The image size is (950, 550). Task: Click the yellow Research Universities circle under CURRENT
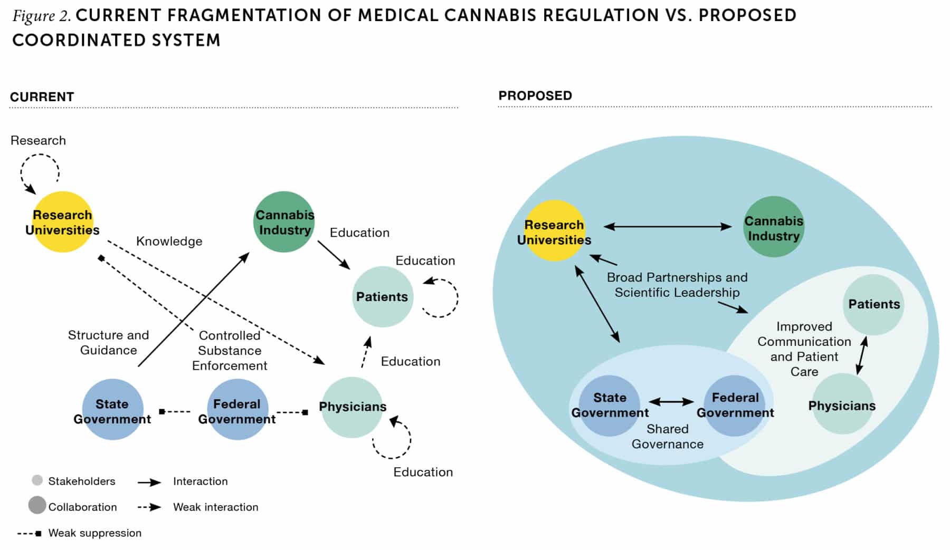pyautogui.click(x=62, y=222)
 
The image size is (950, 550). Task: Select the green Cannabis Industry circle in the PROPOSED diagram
pyautogui.click(x=774, y=227)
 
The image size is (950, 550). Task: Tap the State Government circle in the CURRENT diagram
pyautogui.click(x=112, y=410)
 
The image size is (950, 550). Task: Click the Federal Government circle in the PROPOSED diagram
pyautogui.click(x=735, y=405)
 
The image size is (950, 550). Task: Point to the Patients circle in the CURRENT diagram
pyautogui.click(x=382, y=297)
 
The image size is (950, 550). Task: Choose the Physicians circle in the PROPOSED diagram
pyautogui.click(x=842, y=404)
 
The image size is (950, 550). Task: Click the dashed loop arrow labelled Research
pyautogui.click(x=40, y=172)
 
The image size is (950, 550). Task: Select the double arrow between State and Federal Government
pyautogui.click(x=671, y=402)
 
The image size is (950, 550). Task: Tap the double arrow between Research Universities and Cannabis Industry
pyautogui.click(x=668, y=227)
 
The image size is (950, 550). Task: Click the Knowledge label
pyautogui.click(x=169, y=241)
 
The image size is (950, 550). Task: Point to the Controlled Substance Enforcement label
pyautogui.click(x=230, y=350)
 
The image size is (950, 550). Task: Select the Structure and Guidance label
pyautogui.click(x=108, y=342)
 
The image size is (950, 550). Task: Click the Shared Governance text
pyautogui.click(x=667, y=436)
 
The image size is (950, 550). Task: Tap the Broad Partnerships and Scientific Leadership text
pyautogui.click(x=677, y=285)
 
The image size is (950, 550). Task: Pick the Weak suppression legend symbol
pyautogui.click(x=30, y=533)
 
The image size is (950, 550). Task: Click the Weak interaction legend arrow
pyautogui.click(x=149, y=507)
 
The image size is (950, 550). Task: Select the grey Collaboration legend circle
pyautogui.click(x=37, y=505)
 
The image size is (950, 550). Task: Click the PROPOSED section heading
pyautogui.click(x=535, y=95)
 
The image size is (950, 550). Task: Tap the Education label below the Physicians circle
pyautogui.click(x=423, y=472)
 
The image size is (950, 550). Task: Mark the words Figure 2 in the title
pyautogui.click(x=41, y=16)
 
